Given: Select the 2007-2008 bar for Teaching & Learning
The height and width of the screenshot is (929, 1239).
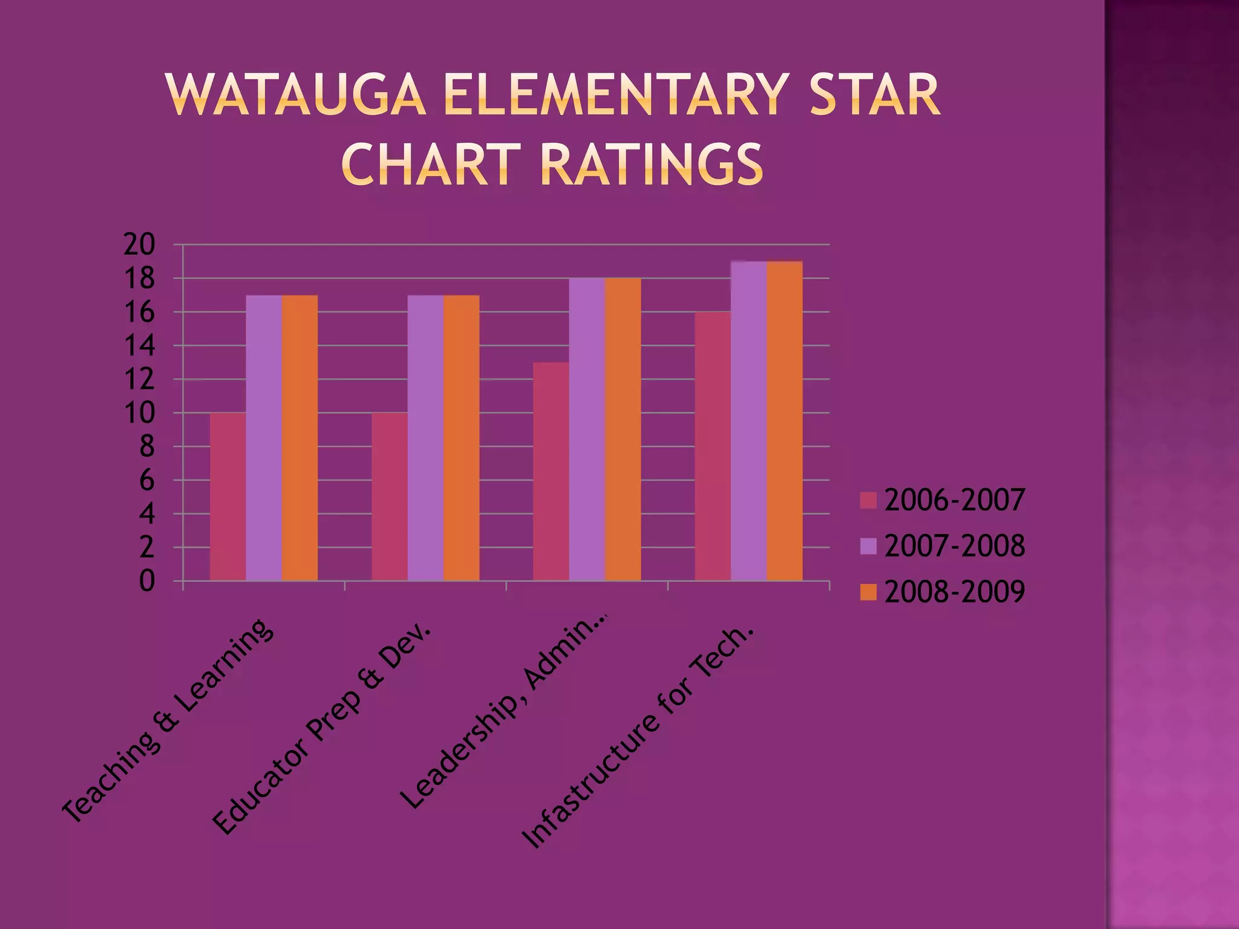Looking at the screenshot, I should pos(264,438).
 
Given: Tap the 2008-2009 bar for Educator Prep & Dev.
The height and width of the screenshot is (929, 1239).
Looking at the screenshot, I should pos(462,438).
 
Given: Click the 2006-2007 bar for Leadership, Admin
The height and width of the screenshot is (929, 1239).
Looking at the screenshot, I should pos(551,471).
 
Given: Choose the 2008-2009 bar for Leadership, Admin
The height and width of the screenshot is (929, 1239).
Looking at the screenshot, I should pos(623,429).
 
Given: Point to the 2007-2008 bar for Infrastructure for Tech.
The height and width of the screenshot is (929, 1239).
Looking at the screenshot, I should pos(749,421).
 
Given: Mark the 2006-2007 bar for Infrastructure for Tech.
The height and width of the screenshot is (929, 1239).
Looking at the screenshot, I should pos(713,446).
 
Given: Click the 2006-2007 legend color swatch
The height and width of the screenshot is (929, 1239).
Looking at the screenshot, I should pos(868,500).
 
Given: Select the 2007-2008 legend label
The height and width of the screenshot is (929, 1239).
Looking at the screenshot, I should pos(955,546).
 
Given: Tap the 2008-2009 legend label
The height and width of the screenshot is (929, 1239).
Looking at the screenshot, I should pos(955,592).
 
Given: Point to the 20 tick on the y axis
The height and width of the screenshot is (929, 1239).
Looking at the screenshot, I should pos(140,245).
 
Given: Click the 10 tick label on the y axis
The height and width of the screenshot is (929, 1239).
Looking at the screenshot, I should pos(140,414).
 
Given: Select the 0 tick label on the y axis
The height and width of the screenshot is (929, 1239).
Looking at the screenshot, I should pos(147,581).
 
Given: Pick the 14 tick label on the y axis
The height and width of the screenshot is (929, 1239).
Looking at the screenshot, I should pos(140,346).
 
